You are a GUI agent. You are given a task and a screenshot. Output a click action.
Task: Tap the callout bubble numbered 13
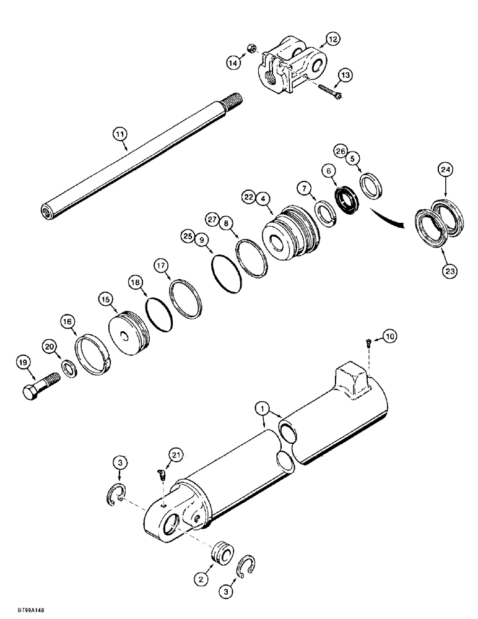coord(344,75)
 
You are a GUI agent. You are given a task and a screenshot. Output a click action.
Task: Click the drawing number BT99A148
coord(21,609)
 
